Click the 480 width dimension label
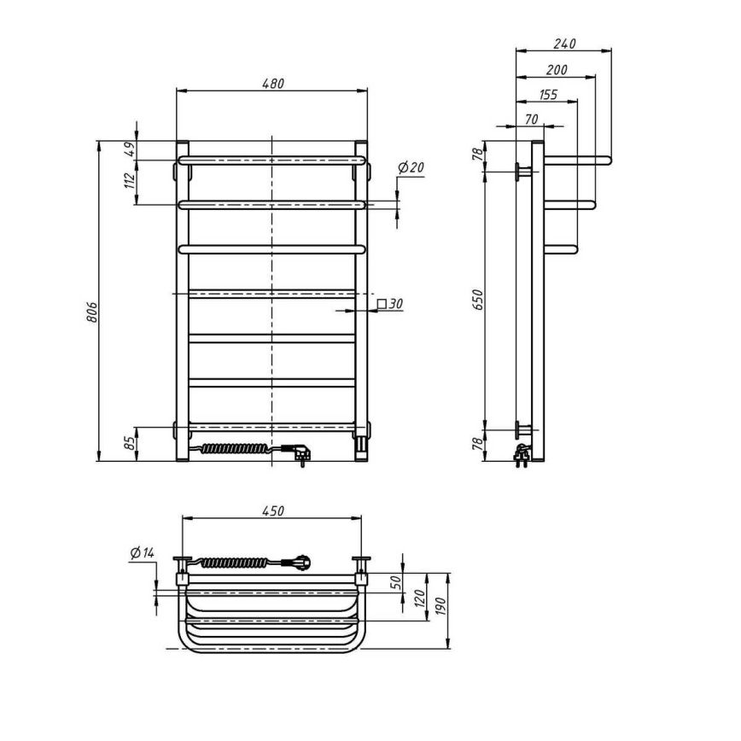[x=271, y=84]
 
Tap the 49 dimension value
[x=130, y=149]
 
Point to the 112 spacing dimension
[x=130, y=180]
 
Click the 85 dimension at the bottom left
[x=130, y=444]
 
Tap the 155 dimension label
[x=547, y=95]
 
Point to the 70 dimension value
[x=531, y=120]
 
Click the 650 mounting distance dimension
[x=478, y=299]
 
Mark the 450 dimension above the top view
[x=271, y=511]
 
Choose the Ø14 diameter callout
[x=142, y=553]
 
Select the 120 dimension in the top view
[x=420, y=598]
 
